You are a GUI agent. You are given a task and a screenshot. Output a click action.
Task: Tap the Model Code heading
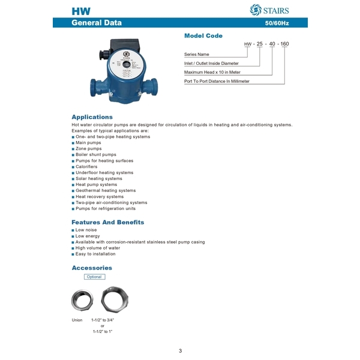203,36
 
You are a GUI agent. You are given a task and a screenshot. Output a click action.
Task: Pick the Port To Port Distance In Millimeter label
217,80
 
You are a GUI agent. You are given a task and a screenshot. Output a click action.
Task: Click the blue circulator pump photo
117,69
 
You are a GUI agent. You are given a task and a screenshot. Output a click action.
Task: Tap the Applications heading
92,117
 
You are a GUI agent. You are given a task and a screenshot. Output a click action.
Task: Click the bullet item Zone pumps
88,149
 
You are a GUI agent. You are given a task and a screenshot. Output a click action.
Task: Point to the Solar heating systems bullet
98,179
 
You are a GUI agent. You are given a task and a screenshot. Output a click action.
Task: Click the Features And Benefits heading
107,222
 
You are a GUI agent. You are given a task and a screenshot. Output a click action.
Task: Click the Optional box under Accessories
94,277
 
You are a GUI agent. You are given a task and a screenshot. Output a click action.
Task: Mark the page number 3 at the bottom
180,350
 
